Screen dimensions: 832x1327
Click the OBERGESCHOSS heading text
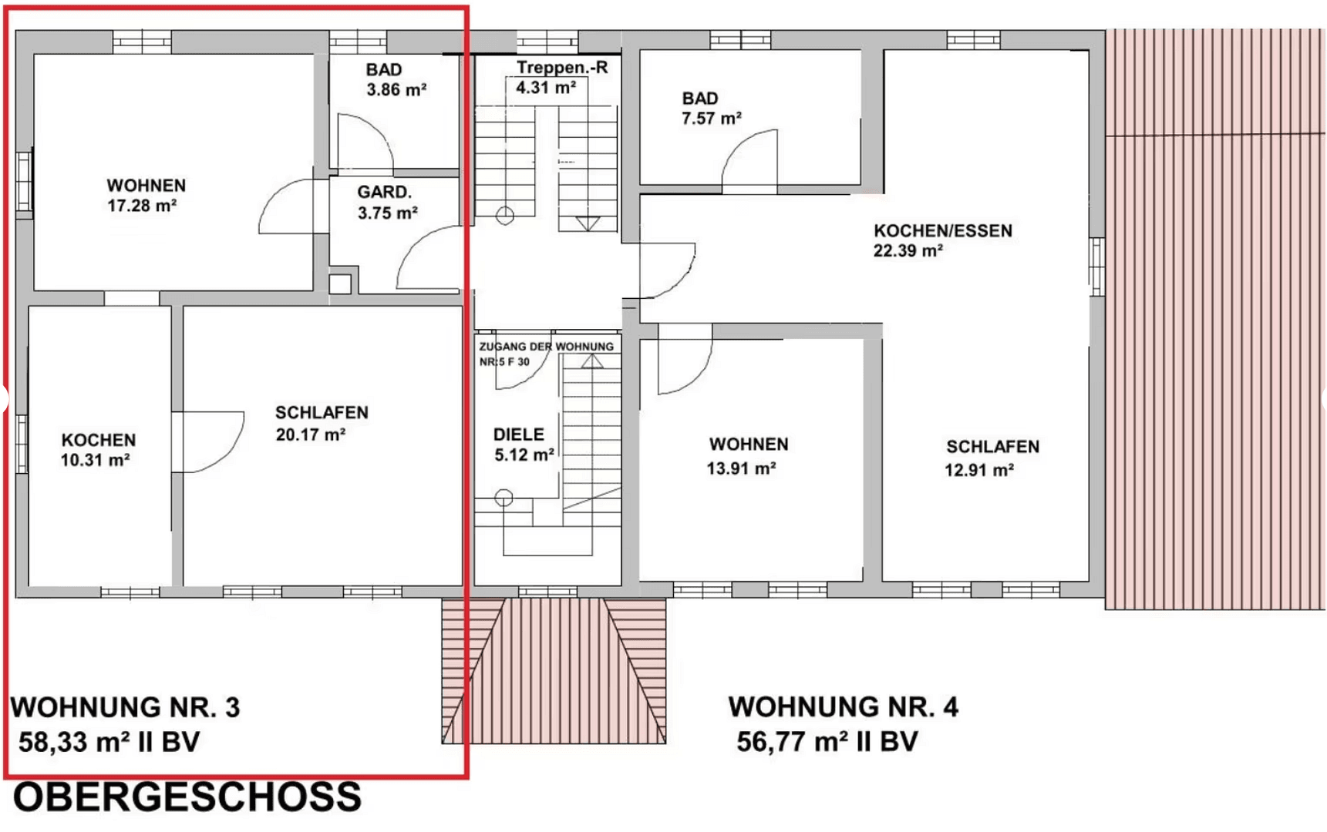pos(187,797)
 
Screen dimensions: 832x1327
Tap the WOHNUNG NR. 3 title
pos(125,707)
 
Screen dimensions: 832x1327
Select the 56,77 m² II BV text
pos(827,742)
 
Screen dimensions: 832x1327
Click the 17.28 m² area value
pos(142,206)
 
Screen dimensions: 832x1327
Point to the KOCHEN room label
pos(99,440)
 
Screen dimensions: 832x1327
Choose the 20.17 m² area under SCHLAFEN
pos(311,434)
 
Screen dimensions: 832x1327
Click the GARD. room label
pos(384,192)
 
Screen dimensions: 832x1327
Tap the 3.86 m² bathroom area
pos(396,89)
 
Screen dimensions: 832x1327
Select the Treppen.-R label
pos(562,68)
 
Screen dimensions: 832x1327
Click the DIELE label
pos(519,434)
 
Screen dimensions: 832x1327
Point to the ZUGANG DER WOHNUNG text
pos(547,347)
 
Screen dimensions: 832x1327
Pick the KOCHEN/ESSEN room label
pos(943,230)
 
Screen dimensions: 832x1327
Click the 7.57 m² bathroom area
pos(711,119)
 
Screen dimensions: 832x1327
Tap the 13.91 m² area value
pos(741,468)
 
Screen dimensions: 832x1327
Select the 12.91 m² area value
pos(979,470)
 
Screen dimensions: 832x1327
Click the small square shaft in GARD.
pos(340,283)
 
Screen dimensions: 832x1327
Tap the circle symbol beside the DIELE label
pos(504,498)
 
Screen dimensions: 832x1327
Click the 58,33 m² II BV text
pos(109,742)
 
